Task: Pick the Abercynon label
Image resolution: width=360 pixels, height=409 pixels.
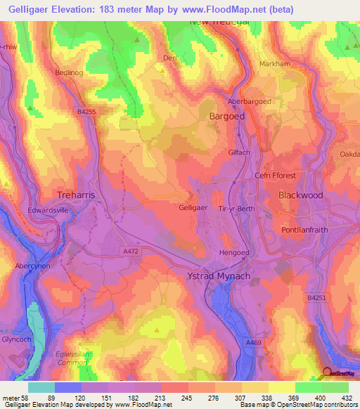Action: coord(34,266)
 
